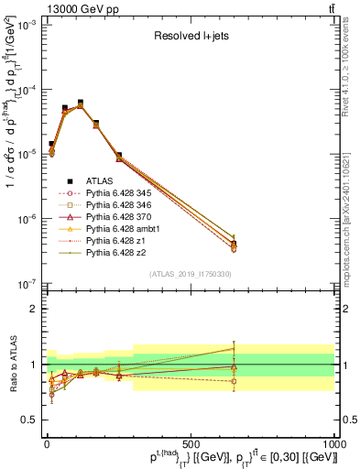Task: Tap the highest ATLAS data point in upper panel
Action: (x=81, y=103)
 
